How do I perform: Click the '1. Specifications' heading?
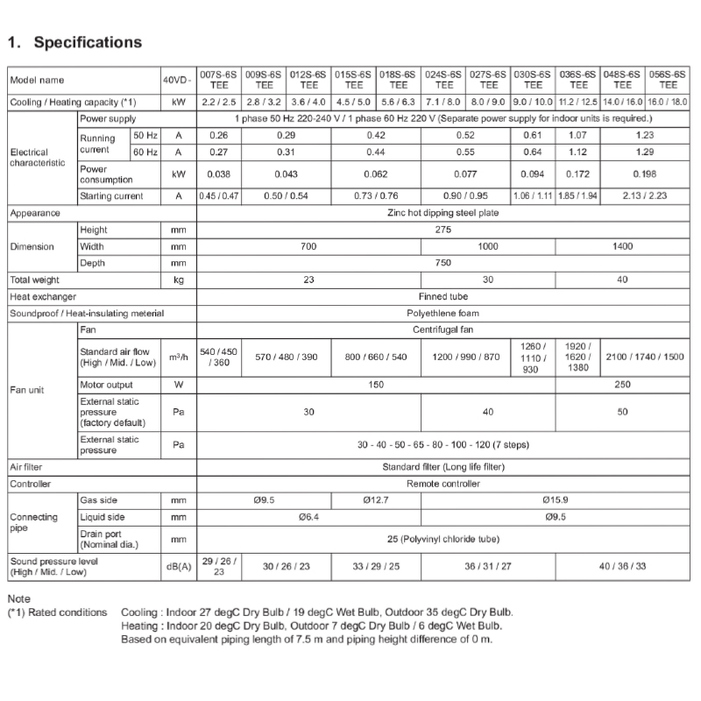tap(74, 42)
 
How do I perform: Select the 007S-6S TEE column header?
tap(219, 81)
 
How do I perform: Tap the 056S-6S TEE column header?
tap(668, 81)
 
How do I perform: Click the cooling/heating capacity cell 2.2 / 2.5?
tap(219, 103)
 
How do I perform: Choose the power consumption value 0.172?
tap(578, 173)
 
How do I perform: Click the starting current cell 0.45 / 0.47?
tap(219, 196)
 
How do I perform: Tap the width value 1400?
tap(622, 246)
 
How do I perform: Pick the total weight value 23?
tap(308, 280)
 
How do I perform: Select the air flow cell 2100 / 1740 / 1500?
tap(645, 358)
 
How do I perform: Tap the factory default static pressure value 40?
tap(488, 412)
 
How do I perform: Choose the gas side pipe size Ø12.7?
tap(376, 499)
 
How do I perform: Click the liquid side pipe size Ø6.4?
tap(308, 517)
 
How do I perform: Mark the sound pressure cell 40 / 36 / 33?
tap(622, 566)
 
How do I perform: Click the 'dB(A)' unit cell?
tap(178, 566)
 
